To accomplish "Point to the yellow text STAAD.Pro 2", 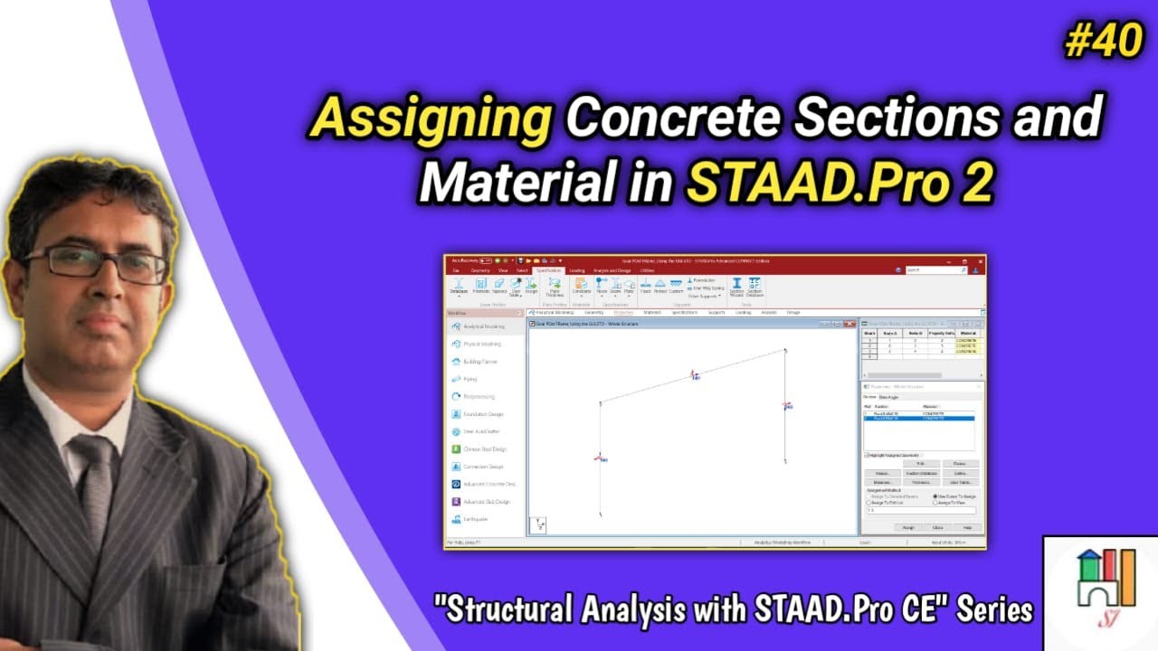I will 840,184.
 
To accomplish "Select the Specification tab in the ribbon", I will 548,270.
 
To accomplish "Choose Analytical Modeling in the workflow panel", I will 483,326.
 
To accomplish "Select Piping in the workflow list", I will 470,379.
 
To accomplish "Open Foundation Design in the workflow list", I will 483,414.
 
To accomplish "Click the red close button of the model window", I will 851,323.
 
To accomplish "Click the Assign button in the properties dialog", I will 907,527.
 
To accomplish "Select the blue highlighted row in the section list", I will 918,419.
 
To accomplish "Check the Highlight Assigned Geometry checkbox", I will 867,455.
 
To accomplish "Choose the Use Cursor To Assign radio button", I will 935,496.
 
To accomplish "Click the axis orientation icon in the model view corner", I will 537,524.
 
